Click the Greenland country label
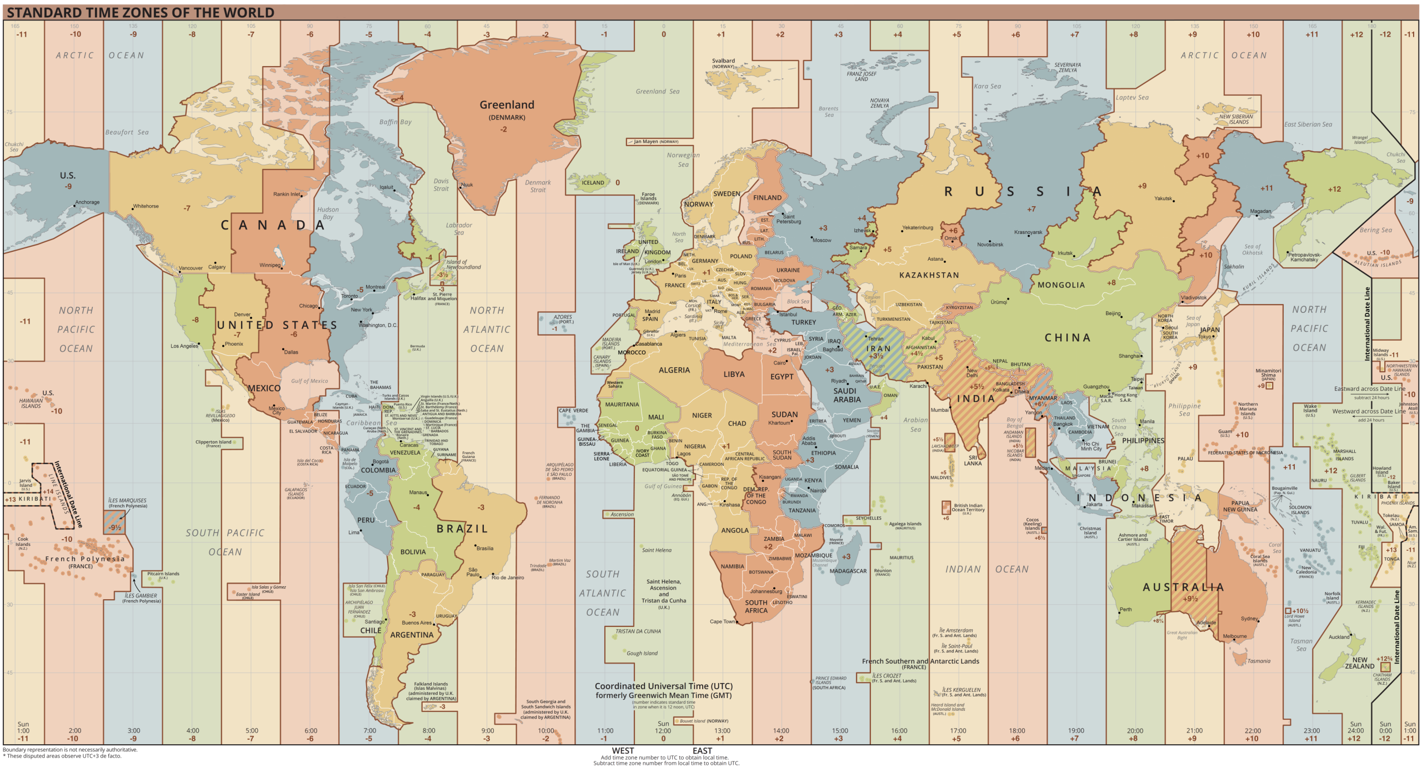[x=507, y=105]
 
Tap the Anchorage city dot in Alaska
[x=74, y=206]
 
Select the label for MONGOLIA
[x=1061, y=285]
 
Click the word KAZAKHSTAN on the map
[x=929, y=275]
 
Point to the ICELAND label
[x=593, y=183]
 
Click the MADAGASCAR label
[x=848, y=571]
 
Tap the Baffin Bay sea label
[x=395, y=122]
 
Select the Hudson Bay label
[x=328, y=213]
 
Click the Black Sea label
[x=798, y=302]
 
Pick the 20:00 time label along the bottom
[x=1135, y=731]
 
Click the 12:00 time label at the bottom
[x=663, y=731]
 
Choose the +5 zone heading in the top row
[x=957, y=34]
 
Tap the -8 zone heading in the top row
[x=192, y=34]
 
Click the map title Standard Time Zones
[x=140, y=12]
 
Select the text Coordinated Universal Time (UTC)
[x=663, y=686]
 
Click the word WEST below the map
[x=623, y=751]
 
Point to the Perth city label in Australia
[x=1125, y=610]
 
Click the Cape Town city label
[x=722, y=622]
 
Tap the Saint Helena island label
[x=657, y=550]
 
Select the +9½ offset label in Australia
[x=1190, y=599]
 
